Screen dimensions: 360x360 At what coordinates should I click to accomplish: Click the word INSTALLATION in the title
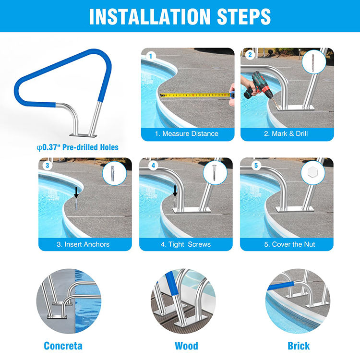(x=149, y=16)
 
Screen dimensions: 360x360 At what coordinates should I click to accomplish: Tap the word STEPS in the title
(x=243, y=16)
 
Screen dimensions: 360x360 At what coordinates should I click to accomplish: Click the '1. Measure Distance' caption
(x=187, y=133)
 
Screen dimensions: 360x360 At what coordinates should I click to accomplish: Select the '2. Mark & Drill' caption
(x=286, y=133)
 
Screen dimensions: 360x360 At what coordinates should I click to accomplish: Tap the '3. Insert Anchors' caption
(x=83, y=244)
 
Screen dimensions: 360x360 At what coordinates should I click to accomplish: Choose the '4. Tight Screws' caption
(x=186, y=244)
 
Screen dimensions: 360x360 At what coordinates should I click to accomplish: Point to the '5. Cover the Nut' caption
(x=289, y=244)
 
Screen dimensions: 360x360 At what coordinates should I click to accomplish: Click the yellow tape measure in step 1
(x=195, y=95)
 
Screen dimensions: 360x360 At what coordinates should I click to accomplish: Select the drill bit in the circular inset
(x=313, y=61)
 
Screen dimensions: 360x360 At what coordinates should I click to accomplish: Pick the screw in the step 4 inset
(x=215, y=173)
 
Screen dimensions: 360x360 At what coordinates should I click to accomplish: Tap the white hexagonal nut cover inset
(x=312, y=172)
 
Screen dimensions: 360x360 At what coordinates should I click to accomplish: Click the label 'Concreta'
(x=63, y=346)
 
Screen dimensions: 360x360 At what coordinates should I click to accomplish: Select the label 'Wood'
(x=186, y=346)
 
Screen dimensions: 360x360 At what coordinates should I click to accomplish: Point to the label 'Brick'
(x=299, y=346)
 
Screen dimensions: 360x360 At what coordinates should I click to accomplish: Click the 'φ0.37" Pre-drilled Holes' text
(x=78, y=147)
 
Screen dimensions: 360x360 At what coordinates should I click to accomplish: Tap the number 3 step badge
(x=48, y=166)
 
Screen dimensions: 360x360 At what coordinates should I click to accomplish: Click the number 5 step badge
(x=256, y=166)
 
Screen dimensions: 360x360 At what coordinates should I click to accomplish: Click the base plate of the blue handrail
(x=83, y=135)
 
